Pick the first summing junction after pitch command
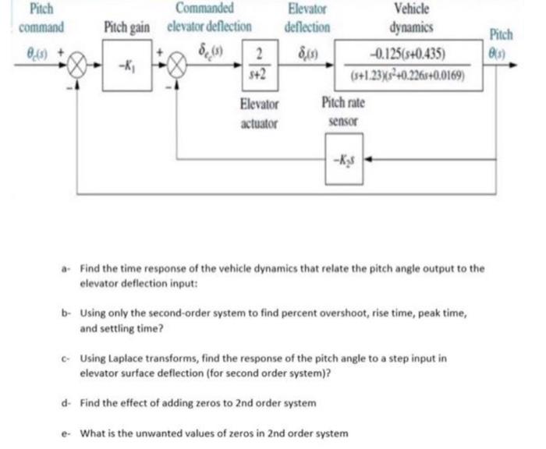78,64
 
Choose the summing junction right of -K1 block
175,64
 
